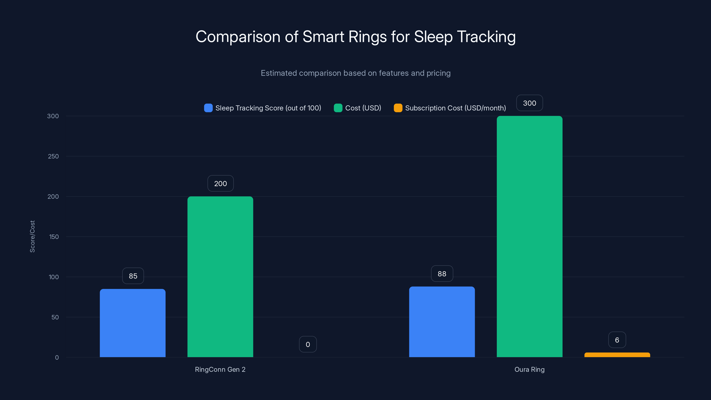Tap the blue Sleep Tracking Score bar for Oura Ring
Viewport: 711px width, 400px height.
tap(442, 322)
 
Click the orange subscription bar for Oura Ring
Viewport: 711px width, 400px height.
tap(617, 355)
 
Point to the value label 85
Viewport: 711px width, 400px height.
tap(133, 276)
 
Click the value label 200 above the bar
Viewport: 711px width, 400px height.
tap(220, 184)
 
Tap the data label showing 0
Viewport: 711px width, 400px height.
tap(308, 344)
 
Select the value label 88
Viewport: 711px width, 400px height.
tap(442, 274)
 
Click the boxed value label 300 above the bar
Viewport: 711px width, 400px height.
tap(529, 103)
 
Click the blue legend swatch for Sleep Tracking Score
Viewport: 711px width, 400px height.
tap(208, 108)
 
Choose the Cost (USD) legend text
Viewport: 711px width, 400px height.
tap(363, 108)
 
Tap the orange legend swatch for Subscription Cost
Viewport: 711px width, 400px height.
tap(398, 108)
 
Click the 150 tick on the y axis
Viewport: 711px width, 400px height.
tap(54, 237)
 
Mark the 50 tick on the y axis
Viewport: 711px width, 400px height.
tap(55, 317)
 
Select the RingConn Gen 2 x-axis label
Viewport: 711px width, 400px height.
tap(220, 369)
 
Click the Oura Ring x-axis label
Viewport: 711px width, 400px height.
tap(529, 369)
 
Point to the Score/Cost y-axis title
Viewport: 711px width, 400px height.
tap(32, 236)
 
